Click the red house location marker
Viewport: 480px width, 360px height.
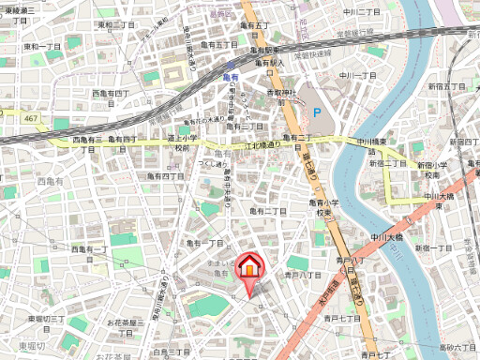(250, 268)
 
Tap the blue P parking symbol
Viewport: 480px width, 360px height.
(316, 112)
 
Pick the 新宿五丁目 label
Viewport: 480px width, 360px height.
(447, 86)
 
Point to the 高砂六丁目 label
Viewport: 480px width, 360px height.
(458, 348)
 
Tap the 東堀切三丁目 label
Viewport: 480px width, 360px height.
(46, 323)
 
